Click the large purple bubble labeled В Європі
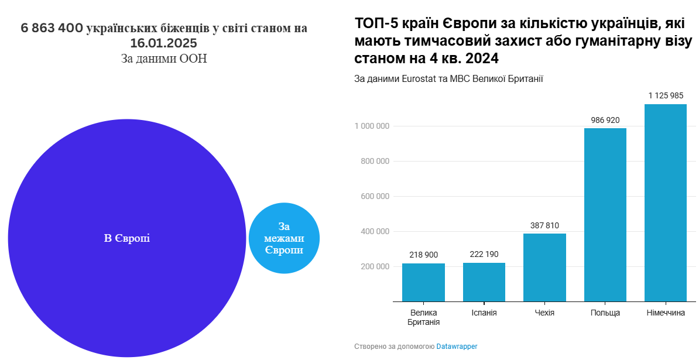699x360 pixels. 127,238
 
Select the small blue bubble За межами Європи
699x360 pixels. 284,238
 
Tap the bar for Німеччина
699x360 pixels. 665,203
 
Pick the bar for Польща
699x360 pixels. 605,215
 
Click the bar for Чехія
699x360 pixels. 544,268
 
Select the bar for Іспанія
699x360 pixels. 484,282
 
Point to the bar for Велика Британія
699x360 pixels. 423,283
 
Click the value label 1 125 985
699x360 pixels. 666,95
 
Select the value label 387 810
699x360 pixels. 544,225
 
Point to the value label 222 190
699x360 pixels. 484,254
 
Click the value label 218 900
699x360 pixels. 423,255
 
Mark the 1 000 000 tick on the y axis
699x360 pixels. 372,126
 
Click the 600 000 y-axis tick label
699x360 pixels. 375,196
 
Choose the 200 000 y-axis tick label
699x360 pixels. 375,266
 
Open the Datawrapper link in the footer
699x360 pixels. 457,347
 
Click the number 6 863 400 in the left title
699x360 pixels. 52,29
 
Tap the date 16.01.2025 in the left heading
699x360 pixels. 163,44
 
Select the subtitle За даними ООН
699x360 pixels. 164,59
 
